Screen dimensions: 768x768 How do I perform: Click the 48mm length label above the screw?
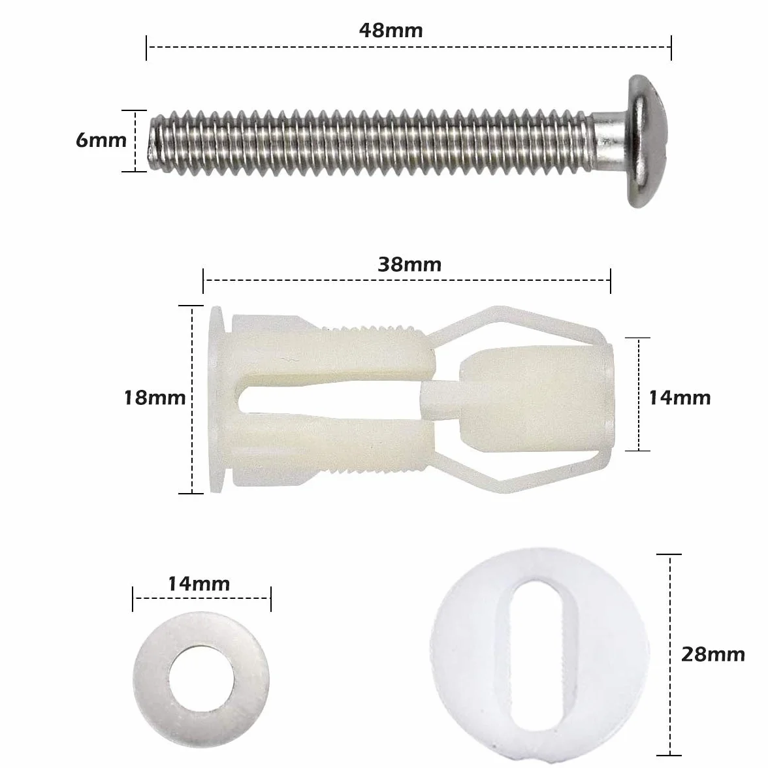coord(391,30)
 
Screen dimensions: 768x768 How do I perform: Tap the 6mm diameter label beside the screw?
coord(101,140)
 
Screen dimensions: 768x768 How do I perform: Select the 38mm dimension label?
coord(409,264)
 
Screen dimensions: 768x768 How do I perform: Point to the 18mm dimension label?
coord(155,397)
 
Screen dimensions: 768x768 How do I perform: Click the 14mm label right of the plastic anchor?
coord(680,398)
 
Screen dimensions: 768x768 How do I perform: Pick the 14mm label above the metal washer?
coord(199,584)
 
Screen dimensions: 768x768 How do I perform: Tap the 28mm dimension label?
coord(713,654)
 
